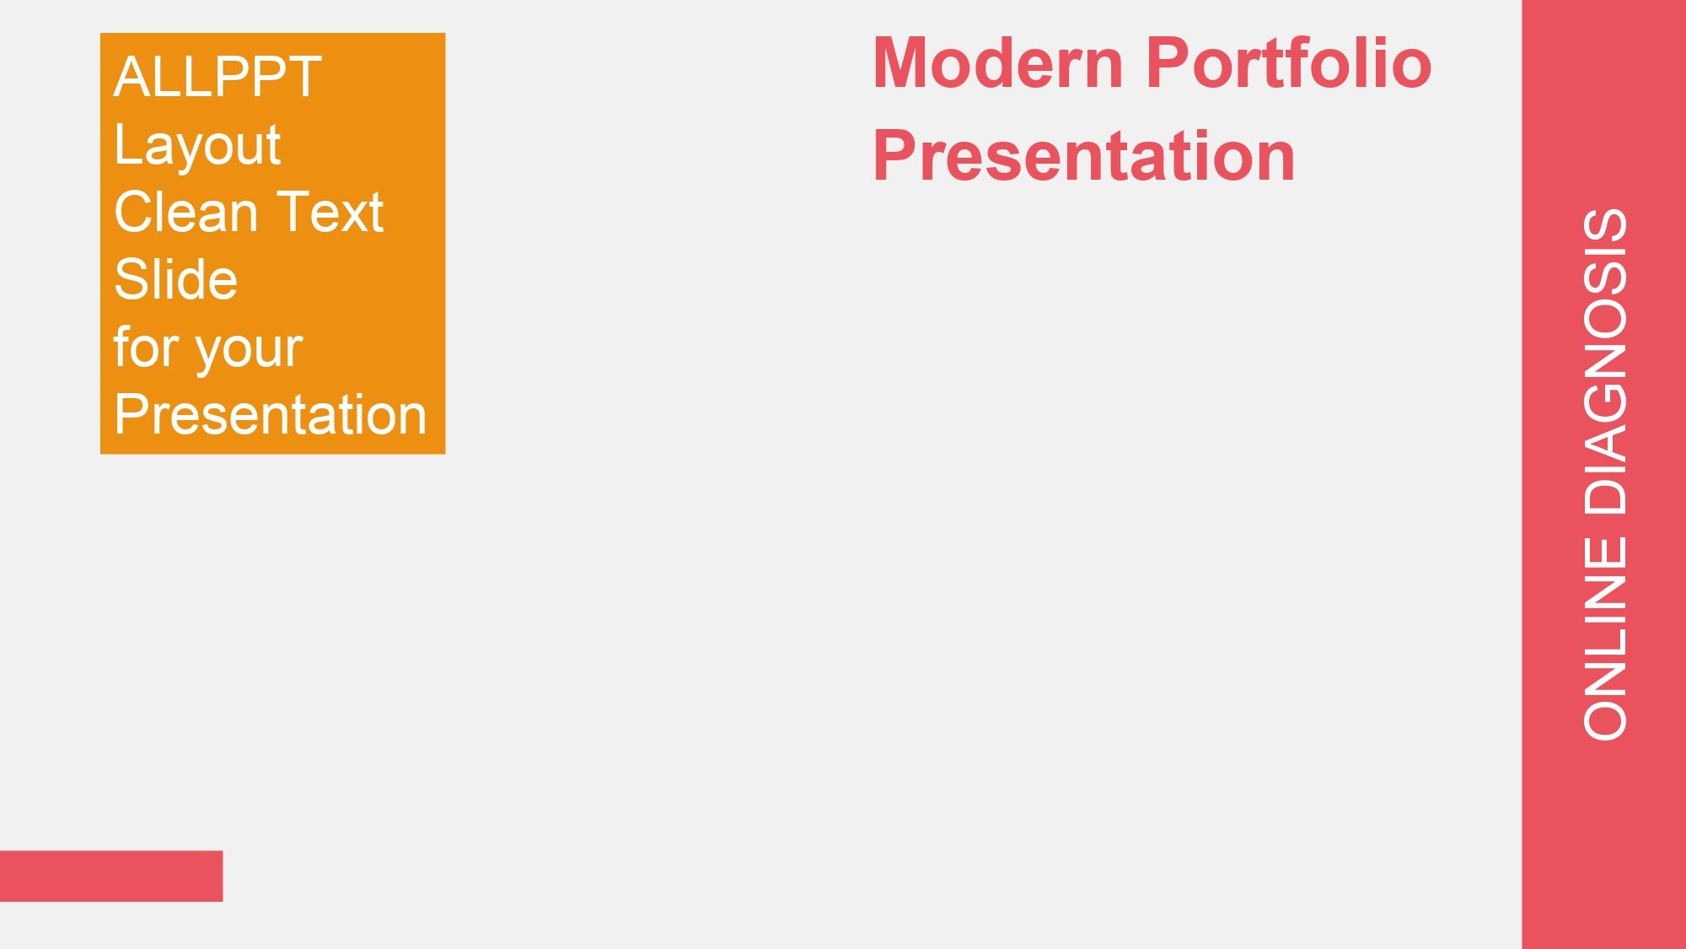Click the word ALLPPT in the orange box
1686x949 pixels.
click(x=217, y=77)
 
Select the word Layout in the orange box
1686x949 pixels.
click(x=197, y=146)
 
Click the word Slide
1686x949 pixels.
click(x=176, y=279)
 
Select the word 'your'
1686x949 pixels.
click(x=250, y=350)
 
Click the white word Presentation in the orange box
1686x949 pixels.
click(x=271, y=414)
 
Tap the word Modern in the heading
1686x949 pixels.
click(x=998, y=62)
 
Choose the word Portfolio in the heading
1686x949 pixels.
click(x=1289, y=62)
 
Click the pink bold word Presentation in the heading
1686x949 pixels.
click(x=1084, y=155)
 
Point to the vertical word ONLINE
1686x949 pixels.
click(x=1605, y=639)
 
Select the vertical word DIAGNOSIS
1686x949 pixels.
click(x=1605, y=362)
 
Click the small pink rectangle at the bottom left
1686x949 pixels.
click(x=111, y=876)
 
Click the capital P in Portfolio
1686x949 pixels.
click(x=1169, y=62)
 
